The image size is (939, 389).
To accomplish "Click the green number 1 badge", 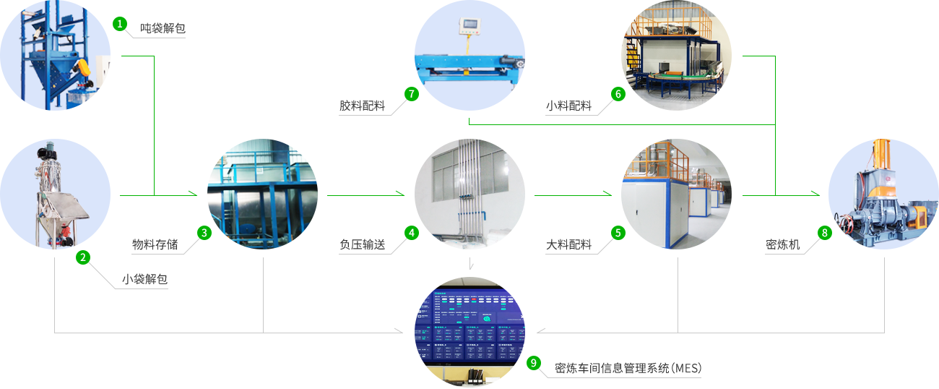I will coord(119,24).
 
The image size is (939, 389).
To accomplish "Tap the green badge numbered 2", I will coord(83,257).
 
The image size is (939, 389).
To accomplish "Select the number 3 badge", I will coord(204,233).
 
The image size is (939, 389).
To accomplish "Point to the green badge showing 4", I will coord(411,233).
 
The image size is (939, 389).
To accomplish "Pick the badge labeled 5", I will coord(618,233).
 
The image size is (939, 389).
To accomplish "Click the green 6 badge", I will coord(618,93).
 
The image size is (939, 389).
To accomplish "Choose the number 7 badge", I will coord(411,93).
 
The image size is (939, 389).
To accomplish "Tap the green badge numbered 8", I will coord(824,233).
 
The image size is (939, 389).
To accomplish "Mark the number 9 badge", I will coord(534,363).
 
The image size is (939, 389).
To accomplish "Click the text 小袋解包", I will coord(144,279).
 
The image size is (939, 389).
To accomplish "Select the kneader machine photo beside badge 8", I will coord(883,194).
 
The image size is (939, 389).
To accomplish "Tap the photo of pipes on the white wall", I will coord(469,194).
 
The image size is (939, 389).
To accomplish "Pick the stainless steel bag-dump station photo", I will coord(56,194).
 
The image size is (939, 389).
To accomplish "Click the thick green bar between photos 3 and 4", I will coord(365,193).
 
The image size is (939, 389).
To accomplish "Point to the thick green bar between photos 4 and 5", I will coord(573,193).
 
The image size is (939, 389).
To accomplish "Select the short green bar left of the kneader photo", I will coord(808,193).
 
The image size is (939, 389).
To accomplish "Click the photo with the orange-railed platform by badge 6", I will coord(675,56).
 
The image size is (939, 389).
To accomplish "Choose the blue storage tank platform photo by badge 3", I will coord(262,194).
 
